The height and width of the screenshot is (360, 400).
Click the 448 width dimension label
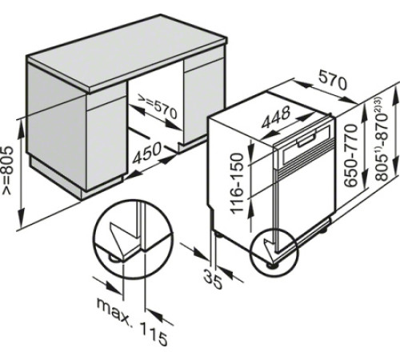pyautogui.click(x=276, y=117)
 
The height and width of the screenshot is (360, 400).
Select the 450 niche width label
pyautogui.click(x=147, y=153)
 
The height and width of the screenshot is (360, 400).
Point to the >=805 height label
pyautogui.click(x=7, y=170)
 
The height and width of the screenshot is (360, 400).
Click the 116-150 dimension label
pyautogui.click(x=237, y=183)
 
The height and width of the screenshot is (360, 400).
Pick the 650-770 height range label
pyautogui.click(x=350, y=155)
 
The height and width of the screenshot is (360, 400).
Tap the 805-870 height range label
pyautogui.click(x=381, y=139)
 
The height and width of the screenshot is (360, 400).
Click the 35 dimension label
pyautogui.click(x=213, y=279)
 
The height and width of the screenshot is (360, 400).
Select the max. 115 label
pyautogui.click(x=132, y=321)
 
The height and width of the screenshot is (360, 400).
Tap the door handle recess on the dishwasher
pyautogui.click(x=306, y=140)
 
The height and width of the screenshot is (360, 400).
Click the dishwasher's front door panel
pyautogui.click(x=305, y=202)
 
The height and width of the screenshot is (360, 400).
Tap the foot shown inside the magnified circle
pyautogui.click(x=113, y=258)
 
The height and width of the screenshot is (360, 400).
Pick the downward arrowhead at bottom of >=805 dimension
pyautogui.click(x=22, y=216)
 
